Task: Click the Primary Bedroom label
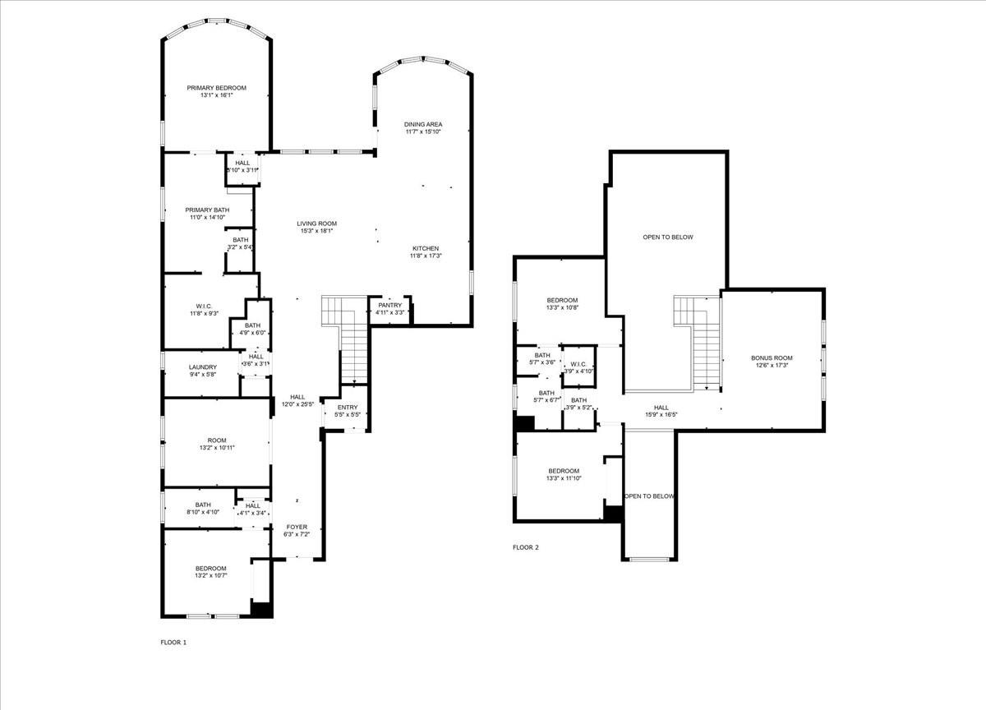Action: pos(216,88)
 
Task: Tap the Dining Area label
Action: pos(423,124)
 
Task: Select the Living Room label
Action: pos(316,224)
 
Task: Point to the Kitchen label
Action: pos(426,248)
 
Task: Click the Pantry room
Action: pos(389,308)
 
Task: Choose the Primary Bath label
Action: pos(207,210)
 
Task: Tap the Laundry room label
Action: pos(202,367)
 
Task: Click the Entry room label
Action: pos(347,407)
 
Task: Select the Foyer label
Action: pos(297,527)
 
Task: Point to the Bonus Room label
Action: pos(772,357)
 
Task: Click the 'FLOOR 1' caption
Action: pos(173,642)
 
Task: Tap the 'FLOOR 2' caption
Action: pos(526,547)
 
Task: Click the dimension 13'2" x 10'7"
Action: pos(211,576)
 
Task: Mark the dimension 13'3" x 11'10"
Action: pos(564,478)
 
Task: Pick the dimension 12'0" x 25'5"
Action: pos(297,404)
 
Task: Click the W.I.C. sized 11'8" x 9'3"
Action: pos(205,310)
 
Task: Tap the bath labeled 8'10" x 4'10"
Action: pos(202,509)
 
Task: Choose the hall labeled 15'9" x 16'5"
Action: pos(661,411)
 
